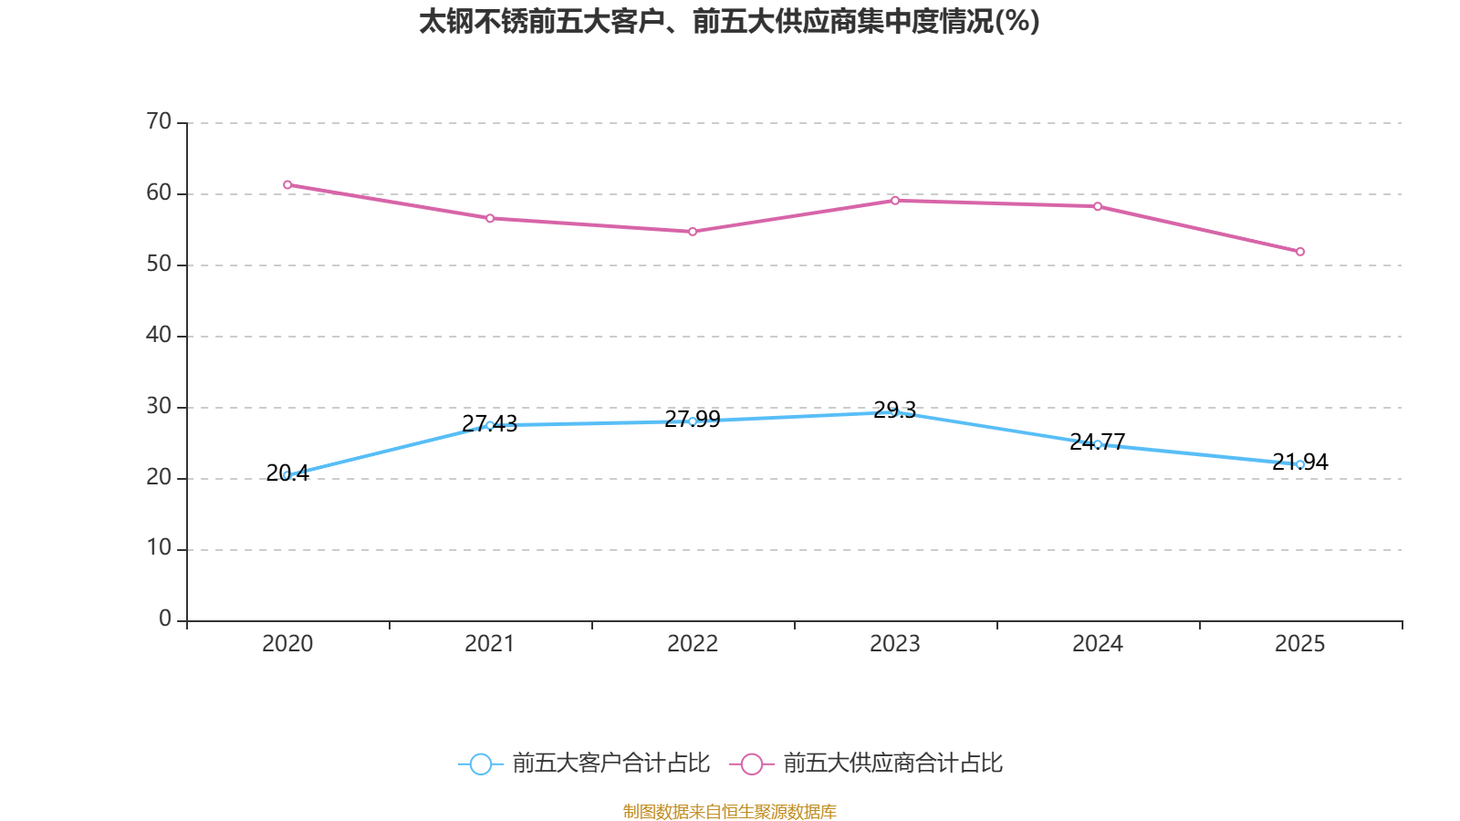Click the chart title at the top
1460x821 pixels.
729,22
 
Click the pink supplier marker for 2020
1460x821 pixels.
287,185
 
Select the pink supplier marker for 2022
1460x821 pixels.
693,232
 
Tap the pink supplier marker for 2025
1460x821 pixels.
1299,252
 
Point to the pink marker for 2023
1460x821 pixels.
895,201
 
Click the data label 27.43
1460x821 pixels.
489,423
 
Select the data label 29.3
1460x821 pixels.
895,410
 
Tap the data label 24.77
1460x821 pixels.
1098,442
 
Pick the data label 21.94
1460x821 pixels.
1299,462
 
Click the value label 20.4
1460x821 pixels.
287,473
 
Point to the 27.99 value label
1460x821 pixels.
693,419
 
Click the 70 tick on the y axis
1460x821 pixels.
159,121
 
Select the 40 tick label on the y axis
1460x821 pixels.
159,335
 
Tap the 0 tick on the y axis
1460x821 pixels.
165,618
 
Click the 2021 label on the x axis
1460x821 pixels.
489,644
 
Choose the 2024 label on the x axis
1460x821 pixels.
1098,644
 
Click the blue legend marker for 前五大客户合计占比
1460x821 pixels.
481,764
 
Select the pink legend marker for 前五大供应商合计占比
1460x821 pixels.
752,764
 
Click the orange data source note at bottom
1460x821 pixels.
729,811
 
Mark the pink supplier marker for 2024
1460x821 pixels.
1098,206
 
